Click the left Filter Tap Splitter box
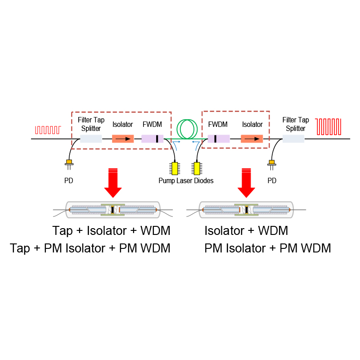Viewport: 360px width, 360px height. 90,139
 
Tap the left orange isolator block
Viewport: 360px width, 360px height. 123,139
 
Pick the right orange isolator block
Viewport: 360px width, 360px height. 252,139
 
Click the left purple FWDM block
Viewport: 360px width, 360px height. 152,139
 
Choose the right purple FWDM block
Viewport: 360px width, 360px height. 219,139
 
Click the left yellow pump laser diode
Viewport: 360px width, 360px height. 175,168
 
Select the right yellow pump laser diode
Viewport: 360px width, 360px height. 197,168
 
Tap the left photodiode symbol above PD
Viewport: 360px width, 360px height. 69,162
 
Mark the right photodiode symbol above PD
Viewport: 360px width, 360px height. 271,162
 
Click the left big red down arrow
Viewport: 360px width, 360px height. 112,182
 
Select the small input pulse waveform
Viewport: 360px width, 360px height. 48,130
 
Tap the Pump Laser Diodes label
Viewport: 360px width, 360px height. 186,181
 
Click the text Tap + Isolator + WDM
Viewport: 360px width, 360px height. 112,231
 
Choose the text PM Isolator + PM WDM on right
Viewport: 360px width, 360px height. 268,248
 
